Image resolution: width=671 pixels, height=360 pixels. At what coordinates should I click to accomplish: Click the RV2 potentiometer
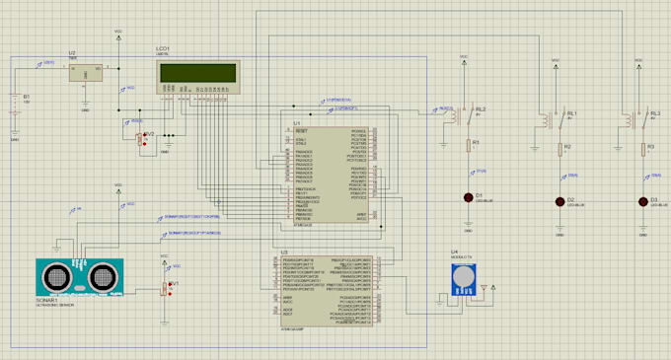(142, 139)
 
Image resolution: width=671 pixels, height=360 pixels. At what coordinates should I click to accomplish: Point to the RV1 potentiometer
(166, 288)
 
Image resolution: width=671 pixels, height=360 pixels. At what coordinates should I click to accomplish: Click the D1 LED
(467, 197)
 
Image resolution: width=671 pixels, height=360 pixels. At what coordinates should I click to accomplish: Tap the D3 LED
(642, 201)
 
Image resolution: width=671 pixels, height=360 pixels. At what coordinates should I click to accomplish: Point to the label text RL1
(571, 112)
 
